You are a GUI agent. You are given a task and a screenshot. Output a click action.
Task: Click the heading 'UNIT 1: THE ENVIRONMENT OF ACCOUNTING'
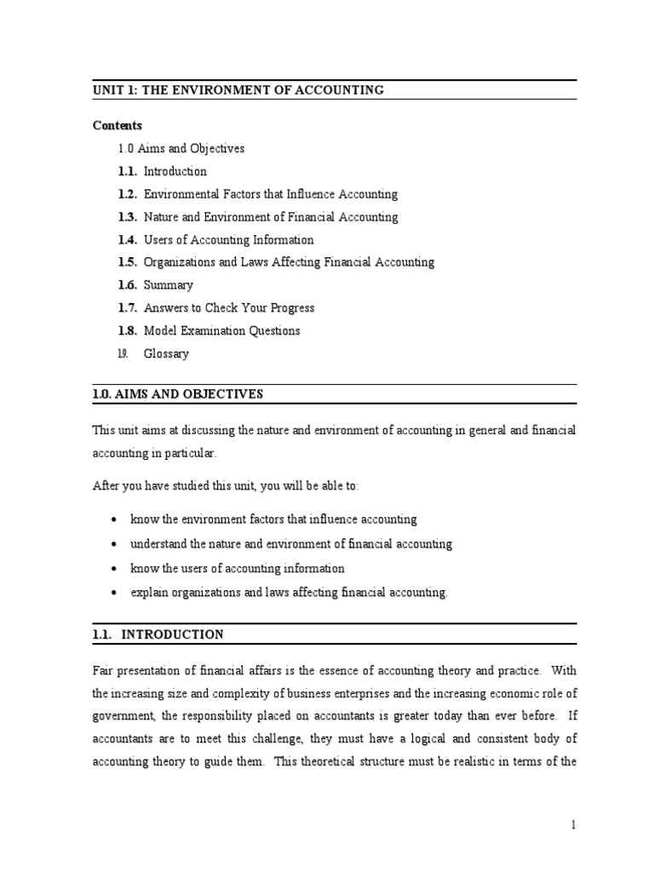click(x=238, y=90)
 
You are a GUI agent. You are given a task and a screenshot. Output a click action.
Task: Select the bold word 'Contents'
click(x=118, y=125)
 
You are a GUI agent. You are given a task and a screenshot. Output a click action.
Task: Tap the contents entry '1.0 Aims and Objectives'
click(x=181, y=148)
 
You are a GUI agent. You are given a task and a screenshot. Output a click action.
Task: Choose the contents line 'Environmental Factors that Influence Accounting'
click(x=270, y=194)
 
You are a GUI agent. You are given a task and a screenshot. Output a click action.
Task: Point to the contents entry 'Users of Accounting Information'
click(x=228, y=240)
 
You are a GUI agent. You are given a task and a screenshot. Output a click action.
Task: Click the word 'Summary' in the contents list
click(x=168, y=285)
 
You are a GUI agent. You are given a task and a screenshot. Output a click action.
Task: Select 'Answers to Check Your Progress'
click(x=228, y=308)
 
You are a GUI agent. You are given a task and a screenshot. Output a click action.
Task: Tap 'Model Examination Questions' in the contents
click(x=221, y=330)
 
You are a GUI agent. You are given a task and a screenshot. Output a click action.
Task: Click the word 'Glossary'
click(x=166, y=353)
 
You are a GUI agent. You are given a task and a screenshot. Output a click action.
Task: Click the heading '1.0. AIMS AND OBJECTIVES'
click(x=178, y=393)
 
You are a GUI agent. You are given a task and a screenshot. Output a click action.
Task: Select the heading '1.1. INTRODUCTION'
click(x=158, y=634)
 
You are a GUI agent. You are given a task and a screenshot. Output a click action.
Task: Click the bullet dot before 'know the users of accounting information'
click(x=114, y=569)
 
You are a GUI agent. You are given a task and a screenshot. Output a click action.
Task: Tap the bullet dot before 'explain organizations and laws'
click(x=114, y=593)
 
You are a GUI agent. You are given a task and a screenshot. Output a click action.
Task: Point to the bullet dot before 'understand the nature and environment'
click(x=114, y=544)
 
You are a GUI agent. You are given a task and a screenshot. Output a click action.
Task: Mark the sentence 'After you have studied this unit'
click(x=226, y=485)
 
